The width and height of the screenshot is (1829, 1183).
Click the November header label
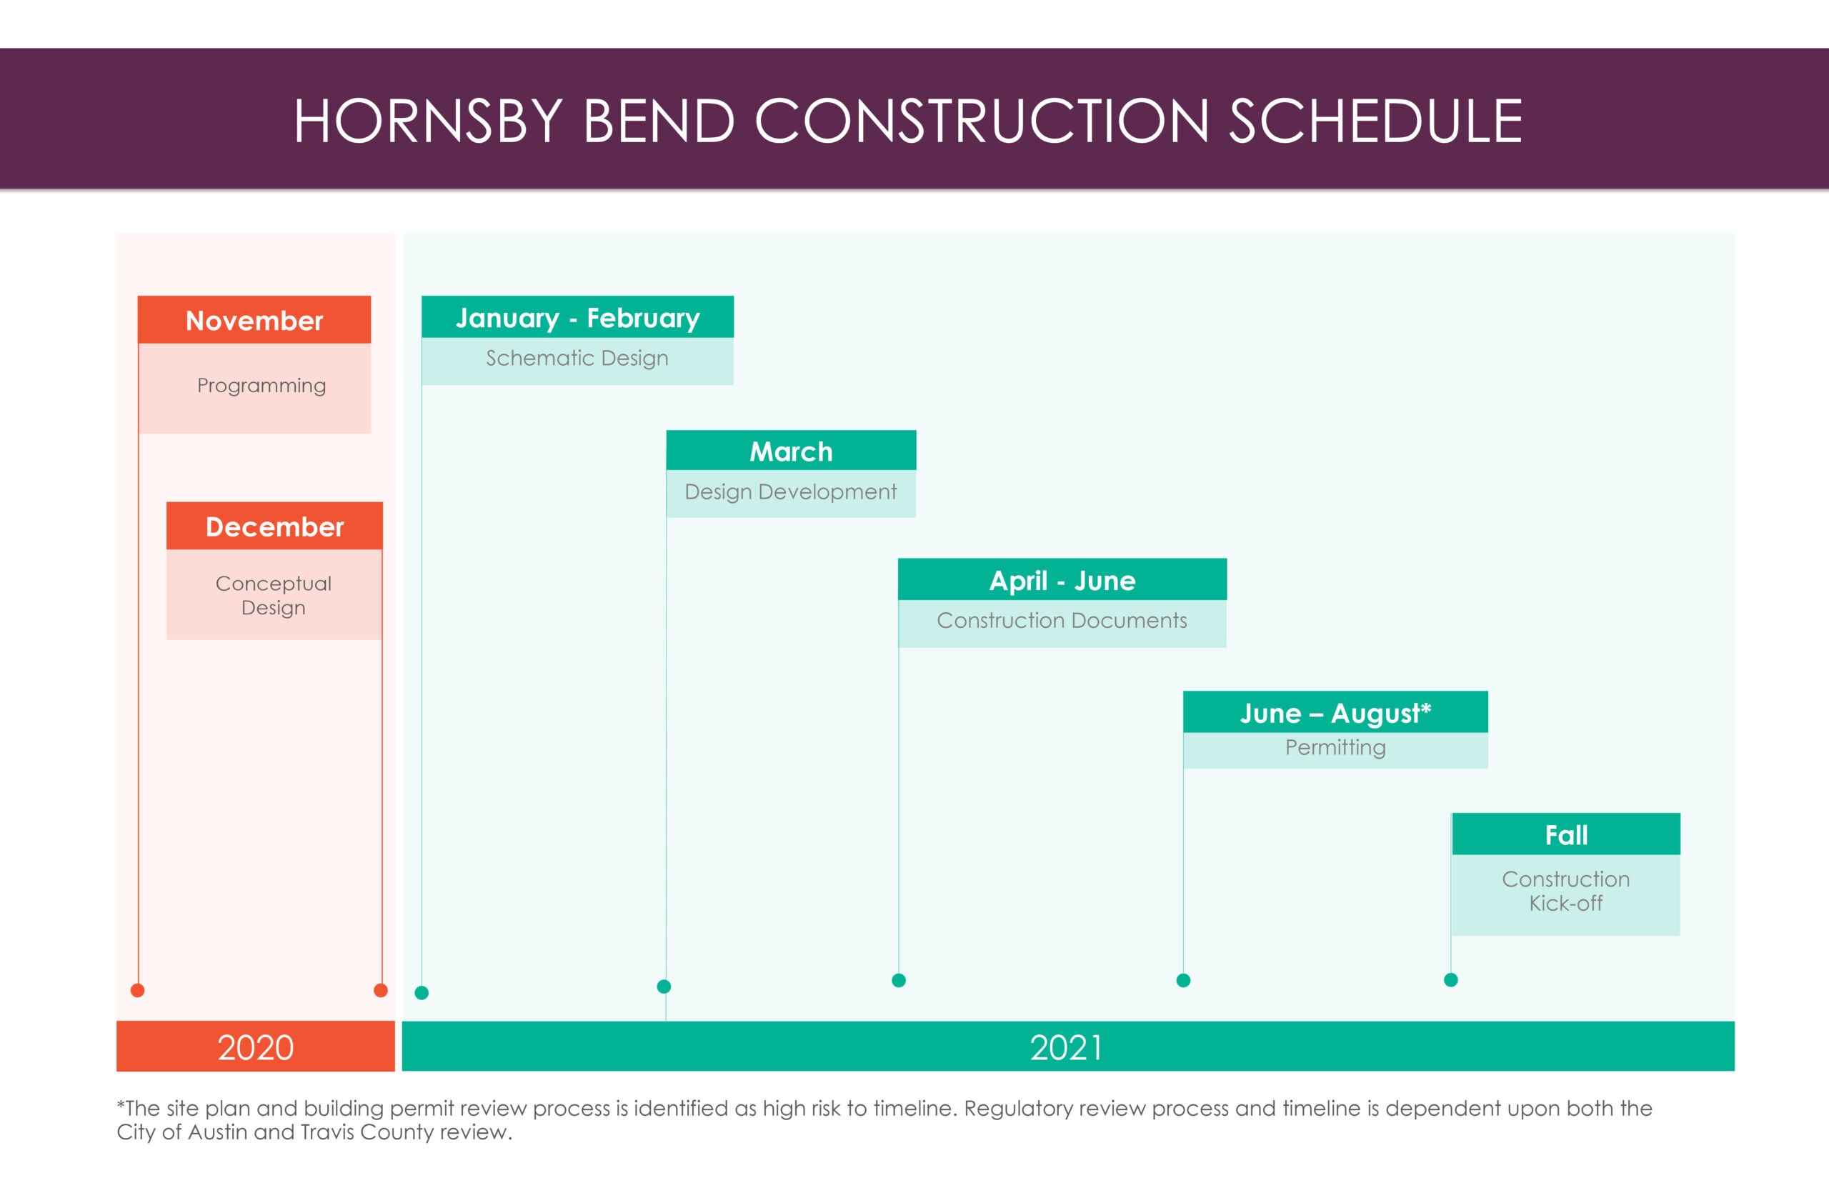click(x=254, y=320)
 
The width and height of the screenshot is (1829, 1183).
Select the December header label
click(x=274, y=527)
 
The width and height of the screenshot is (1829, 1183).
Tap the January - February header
click(x=578, y=318)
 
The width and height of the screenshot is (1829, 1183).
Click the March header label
click(x=791, y=451)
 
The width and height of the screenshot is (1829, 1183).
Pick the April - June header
click(x=1062, y=581)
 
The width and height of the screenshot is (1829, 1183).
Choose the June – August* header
click(x=1336, y=713)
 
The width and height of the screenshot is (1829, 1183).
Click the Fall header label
click(x=1566, y=835)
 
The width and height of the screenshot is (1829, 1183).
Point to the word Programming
click(x=261, y=386)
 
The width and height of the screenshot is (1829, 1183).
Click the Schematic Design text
click(x=577, y=358)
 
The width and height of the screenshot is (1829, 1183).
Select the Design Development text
click(x=790, y=491)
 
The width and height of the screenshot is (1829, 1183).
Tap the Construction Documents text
click(x=1062, y=620)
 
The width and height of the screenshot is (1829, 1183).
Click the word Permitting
click(x=1336, y=747)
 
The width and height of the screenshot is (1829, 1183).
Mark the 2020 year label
click(x=256, y=1048)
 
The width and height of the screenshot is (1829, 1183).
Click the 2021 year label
click(x=1066, y=1048)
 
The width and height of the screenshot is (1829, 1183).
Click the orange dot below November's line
click(x=137, y=990)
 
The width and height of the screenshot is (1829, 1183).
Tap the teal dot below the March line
click(x=664, y=987)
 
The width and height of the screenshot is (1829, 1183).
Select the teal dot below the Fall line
click(x=1451, y=979)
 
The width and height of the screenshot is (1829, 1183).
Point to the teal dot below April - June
click(x=899, y=980)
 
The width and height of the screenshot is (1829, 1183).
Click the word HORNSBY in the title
click(x=429, y=121)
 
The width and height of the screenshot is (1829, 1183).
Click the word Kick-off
click(x=1565, y=904)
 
